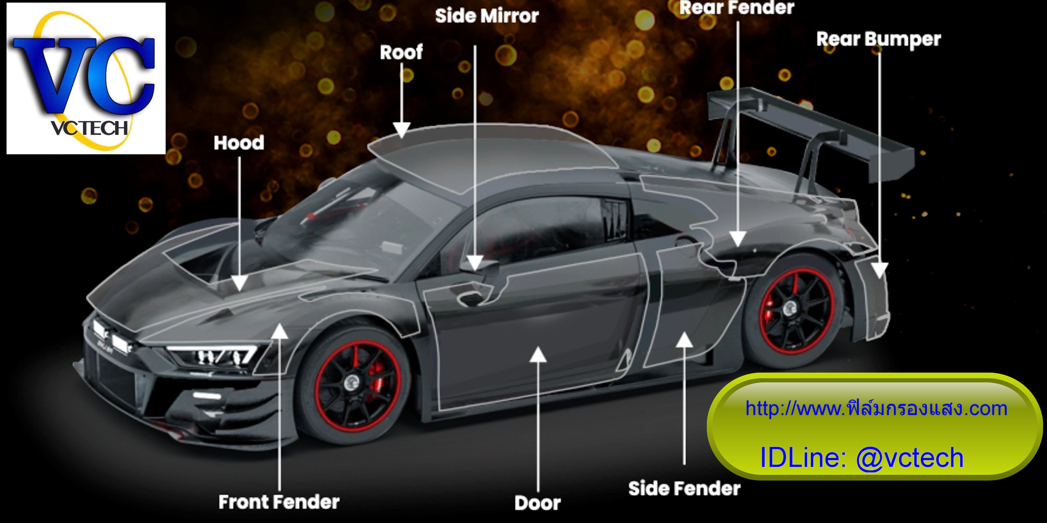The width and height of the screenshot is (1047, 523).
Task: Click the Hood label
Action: (x=239, y=143)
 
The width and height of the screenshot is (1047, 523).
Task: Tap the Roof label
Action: (x=401, y=52)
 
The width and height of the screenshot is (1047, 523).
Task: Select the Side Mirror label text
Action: (x=487, y=16)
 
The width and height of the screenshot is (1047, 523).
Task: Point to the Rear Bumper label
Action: (x=879, y=40)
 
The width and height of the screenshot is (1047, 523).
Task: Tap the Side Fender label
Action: (x=685, y=488)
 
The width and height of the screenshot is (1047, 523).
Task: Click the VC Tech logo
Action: (x=86, y=78)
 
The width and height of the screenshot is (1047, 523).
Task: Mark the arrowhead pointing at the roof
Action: (x=402, y=130)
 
